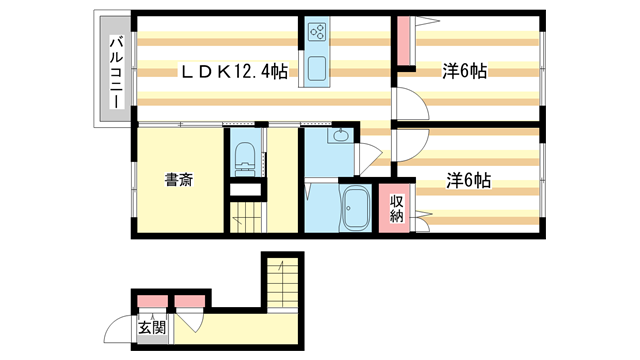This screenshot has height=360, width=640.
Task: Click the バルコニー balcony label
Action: point(115,72)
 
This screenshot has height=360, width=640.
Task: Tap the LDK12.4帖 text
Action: point(234,72)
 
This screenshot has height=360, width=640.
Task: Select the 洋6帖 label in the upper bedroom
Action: point(466,72)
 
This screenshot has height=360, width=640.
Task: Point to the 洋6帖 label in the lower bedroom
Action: point(468,180)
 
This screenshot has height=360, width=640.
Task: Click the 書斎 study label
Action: point(179,181)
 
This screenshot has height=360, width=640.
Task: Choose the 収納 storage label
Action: point(397,207)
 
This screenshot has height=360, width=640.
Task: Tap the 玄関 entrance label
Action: point(150,327)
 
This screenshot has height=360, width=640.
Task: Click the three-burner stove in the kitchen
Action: point(318,32)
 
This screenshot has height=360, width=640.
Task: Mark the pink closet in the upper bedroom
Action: point(404,41)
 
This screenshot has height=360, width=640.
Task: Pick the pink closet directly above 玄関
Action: point(152,300)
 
